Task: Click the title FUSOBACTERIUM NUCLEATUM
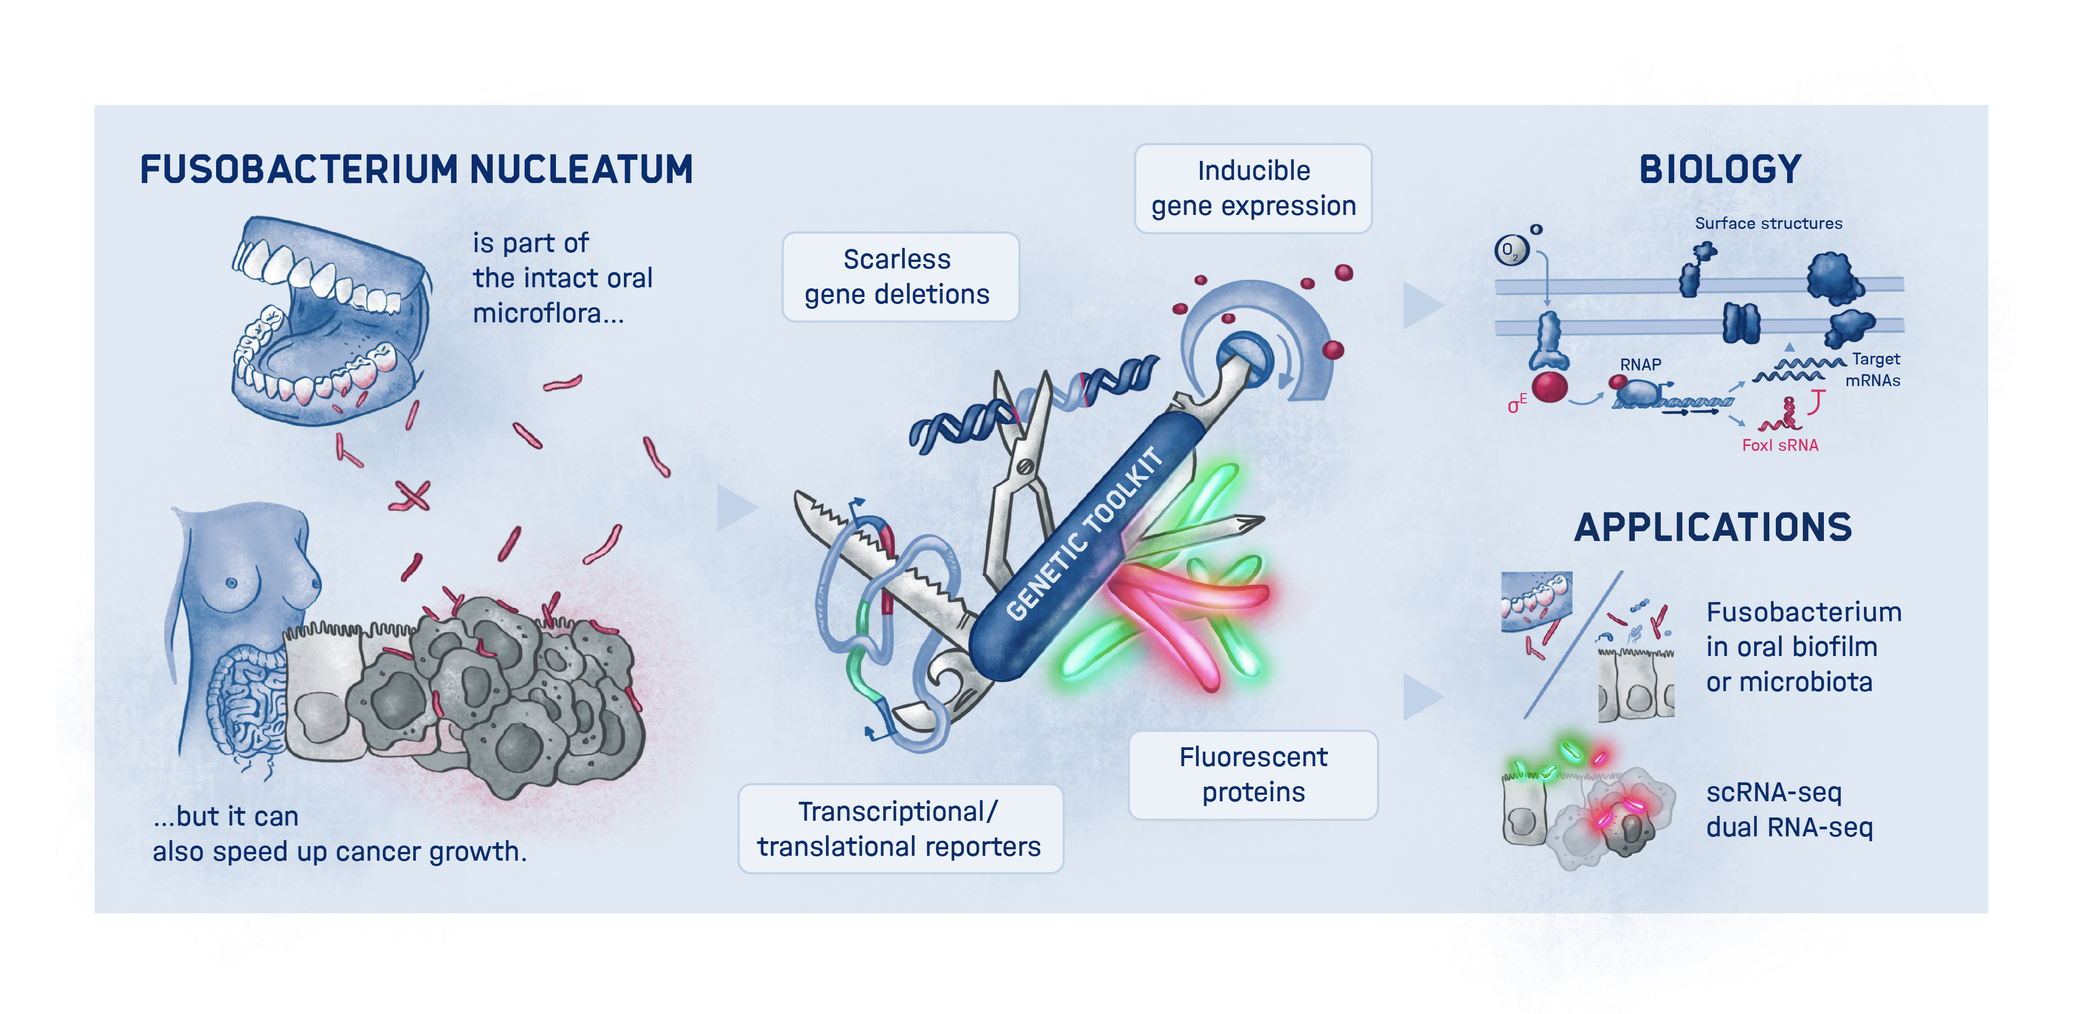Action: pos(417,170)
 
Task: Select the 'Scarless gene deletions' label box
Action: pos(900,277)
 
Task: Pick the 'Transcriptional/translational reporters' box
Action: pos(900,828)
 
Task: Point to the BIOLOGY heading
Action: pos(1720,170)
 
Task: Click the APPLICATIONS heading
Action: pos(1713,527)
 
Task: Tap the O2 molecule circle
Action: pos(1510,251)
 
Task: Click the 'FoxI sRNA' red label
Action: pos(1780,445)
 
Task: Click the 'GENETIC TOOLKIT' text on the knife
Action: pos(1084,535)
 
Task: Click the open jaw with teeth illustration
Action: pos(328,320)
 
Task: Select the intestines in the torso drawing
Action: pos(243,705)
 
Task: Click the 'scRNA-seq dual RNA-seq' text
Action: pos(1789,809)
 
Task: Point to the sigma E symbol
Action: pos(1516,404)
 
